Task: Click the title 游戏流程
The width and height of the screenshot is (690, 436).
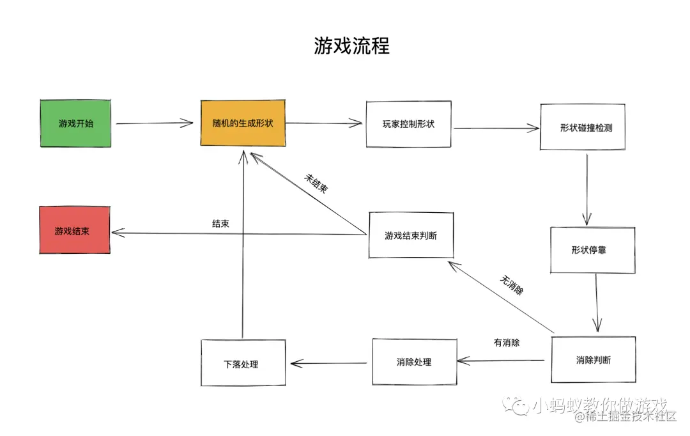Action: click(351, 46)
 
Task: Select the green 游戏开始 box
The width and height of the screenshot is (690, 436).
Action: click(75, 123)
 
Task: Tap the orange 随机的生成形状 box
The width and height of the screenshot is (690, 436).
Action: click(243, 123)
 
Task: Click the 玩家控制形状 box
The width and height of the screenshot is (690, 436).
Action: click(408, 124)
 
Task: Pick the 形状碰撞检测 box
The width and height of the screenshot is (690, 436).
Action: click(582, 127)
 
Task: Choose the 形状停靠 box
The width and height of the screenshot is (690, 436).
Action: click(592, 250)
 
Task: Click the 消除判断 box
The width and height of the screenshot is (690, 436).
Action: click(593, 360)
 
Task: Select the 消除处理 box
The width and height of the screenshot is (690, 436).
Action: click(414, 362)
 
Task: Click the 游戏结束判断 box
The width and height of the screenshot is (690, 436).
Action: click(411, 235)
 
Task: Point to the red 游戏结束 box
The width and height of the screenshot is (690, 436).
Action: click(74, 230)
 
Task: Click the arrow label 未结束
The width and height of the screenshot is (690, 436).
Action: click(316, 185)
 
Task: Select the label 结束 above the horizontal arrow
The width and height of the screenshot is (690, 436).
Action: click(221, 224)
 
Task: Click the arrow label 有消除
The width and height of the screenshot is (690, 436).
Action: click(507, 343)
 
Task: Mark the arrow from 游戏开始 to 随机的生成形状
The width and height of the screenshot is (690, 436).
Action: click(155, 123)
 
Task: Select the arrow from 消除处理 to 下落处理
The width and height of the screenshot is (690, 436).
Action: click(329, 363)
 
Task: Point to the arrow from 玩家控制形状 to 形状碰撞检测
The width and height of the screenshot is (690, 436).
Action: click(496, 128)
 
